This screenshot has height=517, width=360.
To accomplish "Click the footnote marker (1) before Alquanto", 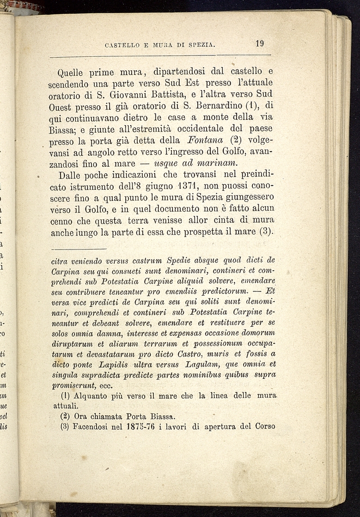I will (x=65, y=396).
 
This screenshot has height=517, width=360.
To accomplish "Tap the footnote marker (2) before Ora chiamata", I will (x=65, y=415).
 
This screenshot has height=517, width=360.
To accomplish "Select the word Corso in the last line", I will (x=264, y=426).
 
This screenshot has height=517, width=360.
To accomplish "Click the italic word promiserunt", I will (x=74, y=385).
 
